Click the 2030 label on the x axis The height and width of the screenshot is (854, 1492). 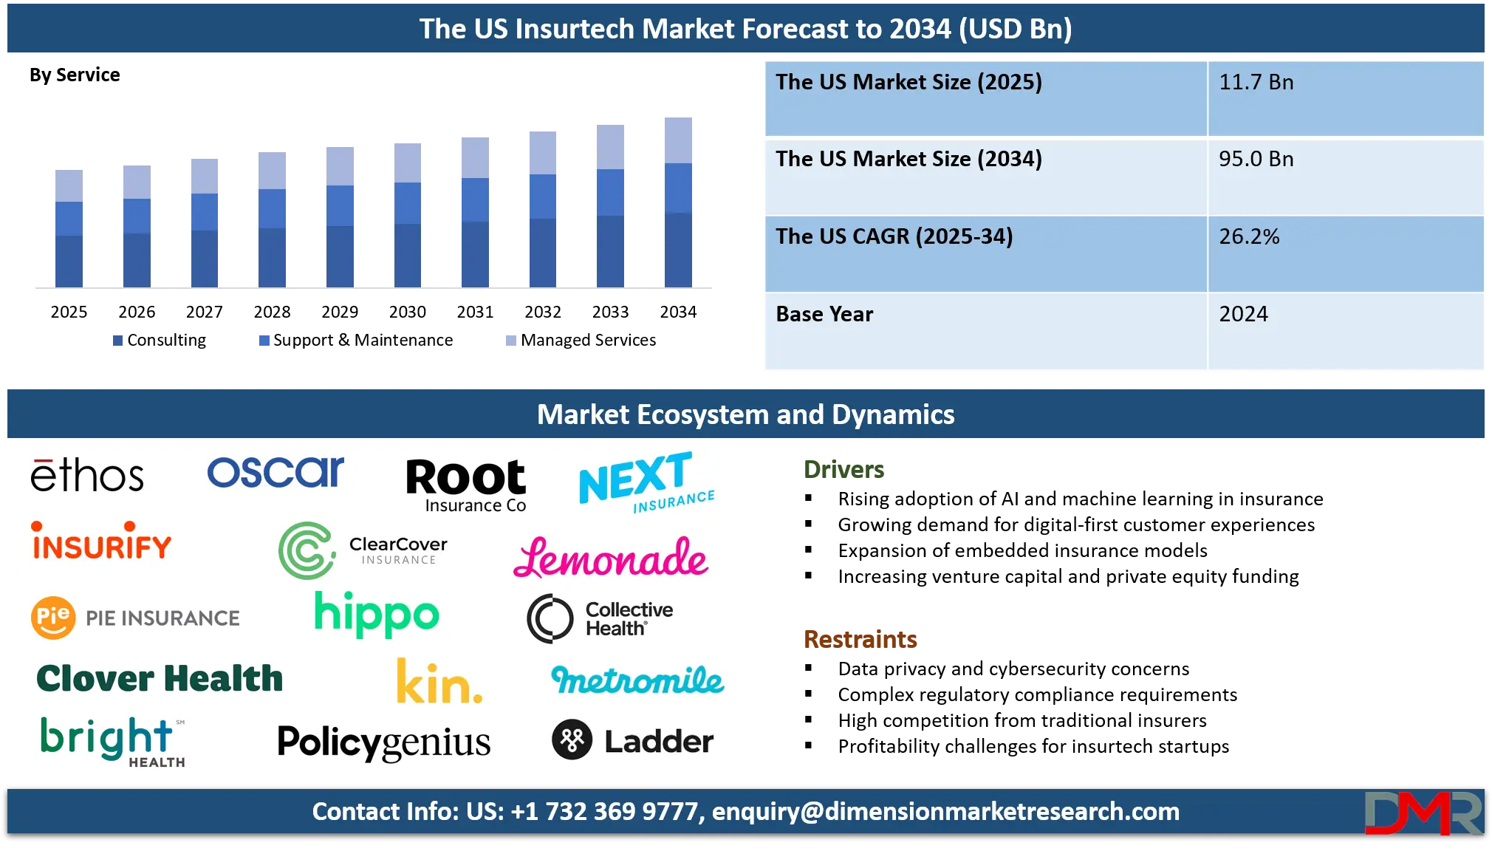[407, 312]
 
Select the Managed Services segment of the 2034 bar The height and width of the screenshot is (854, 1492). [678, 140]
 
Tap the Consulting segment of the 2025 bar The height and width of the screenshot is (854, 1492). [69, 262]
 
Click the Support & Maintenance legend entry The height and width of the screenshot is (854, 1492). [356, 340]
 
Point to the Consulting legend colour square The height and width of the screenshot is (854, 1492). [117, 341]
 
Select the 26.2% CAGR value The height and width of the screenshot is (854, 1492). [1249, 236]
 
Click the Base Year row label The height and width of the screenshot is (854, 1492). [824, 314]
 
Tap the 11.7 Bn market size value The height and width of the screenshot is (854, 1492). [1256, 82]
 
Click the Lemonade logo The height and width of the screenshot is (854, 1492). [611, 558]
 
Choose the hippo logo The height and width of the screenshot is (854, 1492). [377, 613]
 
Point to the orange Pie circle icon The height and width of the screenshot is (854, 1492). [53, 617]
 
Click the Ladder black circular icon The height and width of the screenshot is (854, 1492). [572, 739]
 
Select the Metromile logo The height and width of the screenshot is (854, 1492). [638, 680]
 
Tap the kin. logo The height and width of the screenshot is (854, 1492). [439, 681]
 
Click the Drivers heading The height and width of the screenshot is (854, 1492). [843, 470]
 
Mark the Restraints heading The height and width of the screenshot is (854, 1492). [860, 639]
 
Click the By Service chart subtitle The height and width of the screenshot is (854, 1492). [75, 75]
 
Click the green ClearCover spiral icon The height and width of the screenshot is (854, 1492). [306, 550]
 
